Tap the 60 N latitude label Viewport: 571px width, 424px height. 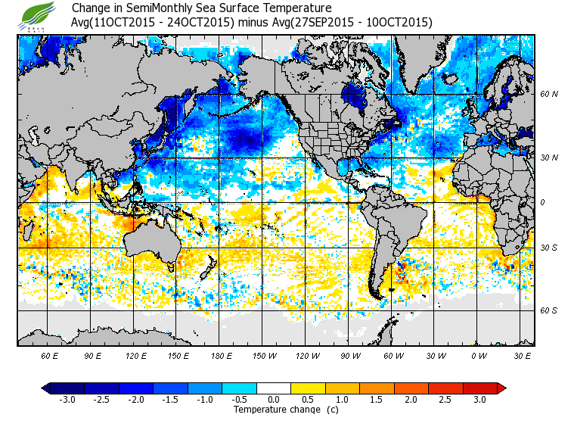click(x=549, y=95)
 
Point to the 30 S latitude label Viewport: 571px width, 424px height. click(x=549, y=248)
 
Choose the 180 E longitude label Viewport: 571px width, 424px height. click(x=221, y=355)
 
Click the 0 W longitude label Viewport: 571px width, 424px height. click(x=477, y=355)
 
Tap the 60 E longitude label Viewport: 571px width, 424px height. click(x=49, y=355)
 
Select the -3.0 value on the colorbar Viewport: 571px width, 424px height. click(x=67, y=400)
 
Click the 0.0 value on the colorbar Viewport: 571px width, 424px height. click(x=274, y=400)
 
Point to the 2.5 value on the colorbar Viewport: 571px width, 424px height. click(x=445, y=400)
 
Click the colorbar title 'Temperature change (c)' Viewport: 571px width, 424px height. click(x=275, y=410)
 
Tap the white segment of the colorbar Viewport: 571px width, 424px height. click(x=274, y=388)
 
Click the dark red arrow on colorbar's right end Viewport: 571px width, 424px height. click(x=501, y=388)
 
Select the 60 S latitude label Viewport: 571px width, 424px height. click(x=549, y=310)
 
